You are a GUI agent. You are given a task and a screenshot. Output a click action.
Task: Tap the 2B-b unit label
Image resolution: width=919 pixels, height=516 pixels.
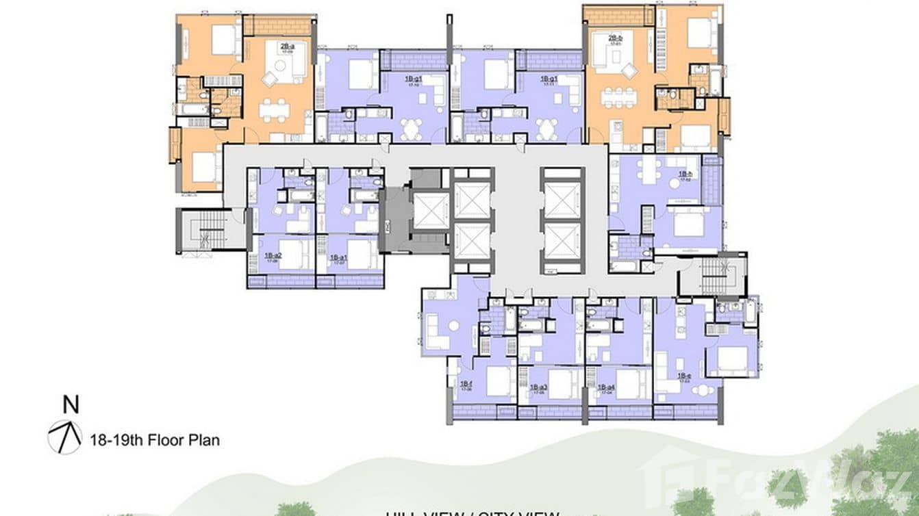(614, 39)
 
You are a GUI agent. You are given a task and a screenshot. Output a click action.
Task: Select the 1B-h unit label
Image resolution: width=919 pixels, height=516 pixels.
(685, 175)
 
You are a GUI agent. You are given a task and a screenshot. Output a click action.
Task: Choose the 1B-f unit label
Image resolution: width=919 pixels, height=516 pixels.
(465, 384)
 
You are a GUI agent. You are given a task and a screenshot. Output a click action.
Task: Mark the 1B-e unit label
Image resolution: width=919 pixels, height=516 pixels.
(683, 376)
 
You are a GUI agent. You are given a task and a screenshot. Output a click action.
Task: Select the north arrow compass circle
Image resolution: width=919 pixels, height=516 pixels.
(65, 437)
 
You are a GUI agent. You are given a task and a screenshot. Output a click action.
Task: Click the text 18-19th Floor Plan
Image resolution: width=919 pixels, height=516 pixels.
(155, 439)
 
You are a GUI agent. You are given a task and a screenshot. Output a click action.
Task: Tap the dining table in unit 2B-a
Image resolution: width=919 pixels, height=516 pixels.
(274, 109)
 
